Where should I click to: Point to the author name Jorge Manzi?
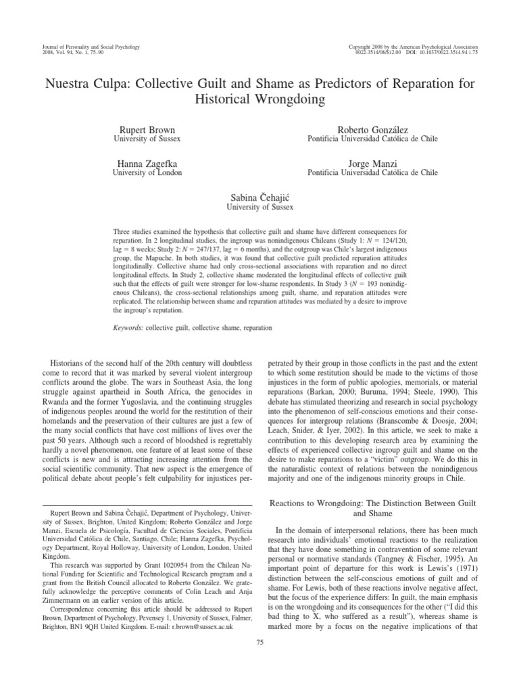[x=373, y=164]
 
